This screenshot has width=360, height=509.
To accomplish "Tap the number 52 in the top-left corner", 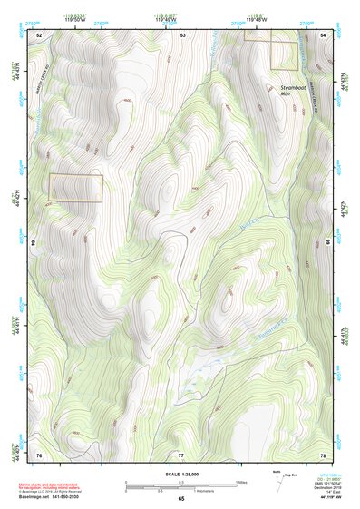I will coord(39,34).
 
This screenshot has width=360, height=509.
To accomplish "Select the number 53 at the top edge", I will coord(182,34).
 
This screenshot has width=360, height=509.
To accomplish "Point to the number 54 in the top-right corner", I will coord(324,34).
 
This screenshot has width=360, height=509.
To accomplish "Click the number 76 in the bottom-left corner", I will coord(39,453).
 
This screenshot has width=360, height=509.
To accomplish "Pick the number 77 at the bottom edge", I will coord(180,453).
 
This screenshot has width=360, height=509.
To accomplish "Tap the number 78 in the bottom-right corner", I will coord(323,453).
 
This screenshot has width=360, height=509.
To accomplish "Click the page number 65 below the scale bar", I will coord(180,498).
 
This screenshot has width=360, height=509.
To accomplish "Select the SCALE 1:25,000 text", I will coord(180,475).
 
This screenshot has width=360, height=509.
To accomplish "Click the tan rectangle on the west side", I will coord(75,187).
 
